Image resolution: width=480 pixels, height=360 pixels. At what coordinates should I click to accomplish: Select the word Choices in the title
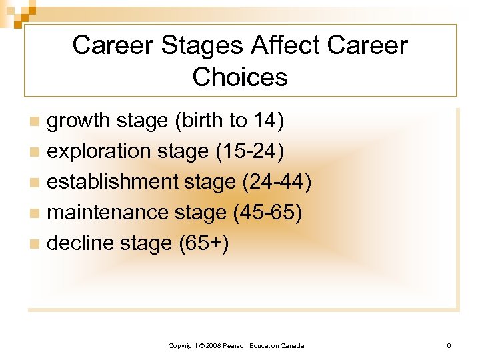tap(240, 77)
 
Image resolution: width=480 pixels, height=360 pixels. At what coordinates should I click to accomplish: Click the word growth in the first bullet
tap(78, 121)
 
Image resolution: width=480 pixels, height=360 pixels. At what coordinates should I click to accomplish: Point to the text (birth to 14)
tap(229, 121)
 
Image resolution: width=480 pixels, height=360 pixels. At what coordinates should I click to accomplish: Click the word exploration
tap(98, 151)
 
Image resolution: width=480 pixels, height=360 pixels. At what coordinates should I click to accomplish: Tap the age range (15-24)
tap(250, 151)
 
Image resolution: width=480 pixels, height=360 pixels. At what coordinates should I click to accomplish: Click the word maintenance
tap(109, 213)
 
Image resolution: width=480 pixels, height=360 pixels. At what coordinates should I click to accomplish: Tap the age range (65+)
tap(204, 243)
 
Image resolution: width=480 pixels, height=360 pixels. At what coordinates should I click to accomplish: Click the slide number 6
tap(449, 345)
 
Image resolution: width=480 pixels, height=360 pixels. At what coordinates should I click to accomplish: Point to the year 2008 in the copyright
tap(213, 345)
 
